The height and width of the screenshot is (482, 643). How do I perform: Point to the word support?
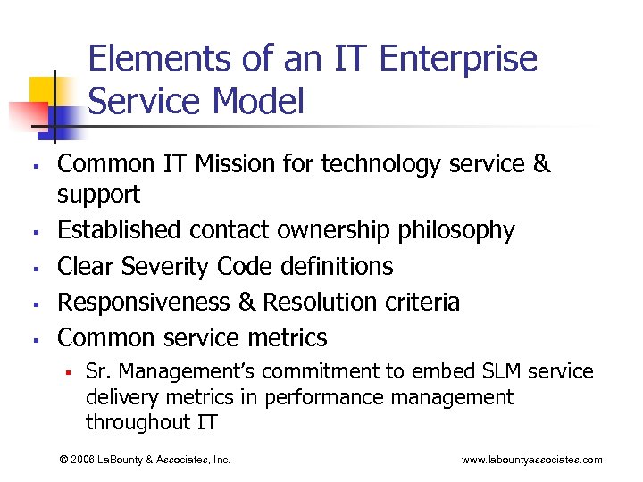click(x=99, y=195)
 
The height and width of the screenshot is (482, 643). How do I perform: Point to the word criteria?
click(x=423, y=302)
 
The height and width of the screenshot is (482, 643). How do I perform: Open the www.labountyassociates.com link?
click(x=531, y=460)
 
